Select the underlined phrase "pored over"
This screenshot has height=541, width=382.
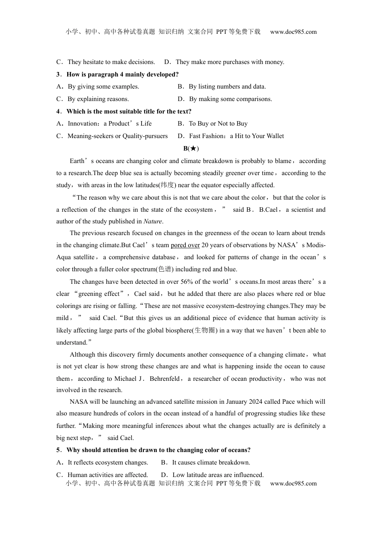[185, 245]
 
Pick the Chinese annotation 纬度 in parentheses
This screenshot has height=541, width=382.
[167, 185]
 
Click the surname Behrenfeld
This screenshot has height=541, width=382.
[164, 379]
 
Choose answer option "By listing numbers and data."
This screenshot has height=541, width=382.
[227, 87]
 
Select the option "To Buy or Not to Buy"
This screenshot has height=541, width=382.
[218, 124]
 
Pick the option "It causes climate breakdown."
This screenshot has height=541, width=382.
[211, 463]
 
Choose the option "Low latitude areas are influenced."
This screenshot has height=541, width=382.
[218, 475]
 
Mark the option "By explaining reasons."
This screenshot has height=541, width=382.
[98, 99]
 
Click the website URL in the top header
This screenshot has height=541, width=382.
[293, 32]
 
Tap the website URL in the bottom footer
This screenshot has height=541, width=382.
[293, 483]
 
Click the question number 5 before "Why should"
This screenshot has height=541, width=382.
[58, 450]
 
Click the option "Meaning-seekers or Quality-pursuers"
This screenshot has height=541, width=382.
[117, 136]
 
